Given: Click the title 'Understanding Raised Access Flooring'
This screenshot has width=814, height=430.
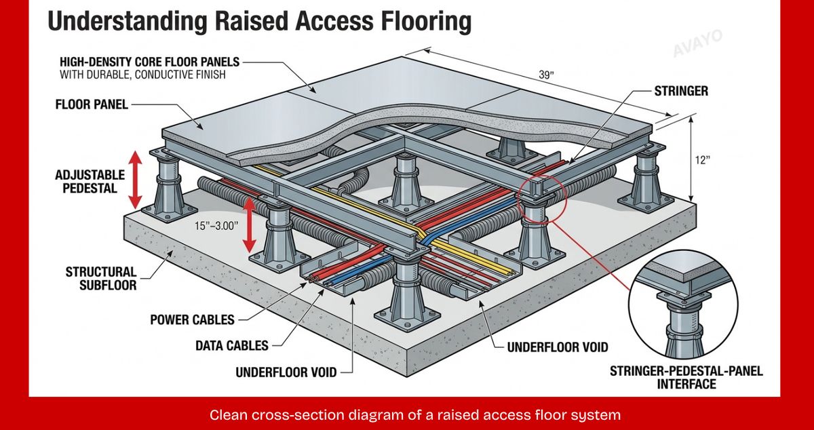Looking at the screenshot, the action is pos(259,22).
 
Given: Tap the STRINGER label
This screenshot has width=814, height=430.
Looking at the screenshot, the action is pos(681,91).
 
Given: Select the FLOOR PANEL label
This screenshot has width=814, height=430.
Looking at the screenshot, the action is pos(92,104).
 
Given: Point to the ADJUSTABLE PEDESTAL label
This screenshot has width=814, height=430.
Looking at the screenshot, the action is pos(90,182).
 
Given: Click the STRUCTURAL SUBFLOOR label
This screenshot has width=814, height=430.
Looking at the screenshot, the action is pos(101,279).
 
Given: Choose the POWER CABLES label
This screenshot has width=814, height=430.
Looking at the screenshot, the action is pos(192,320).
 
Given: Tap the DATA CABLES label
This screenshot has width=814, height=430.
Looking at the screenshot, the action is pos(232,346).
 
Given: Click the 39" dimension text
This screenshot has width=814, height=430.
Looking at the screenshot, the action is pos(546,75).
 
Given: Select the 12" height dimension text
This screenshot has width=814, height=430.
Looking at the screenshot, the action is pos(703,160).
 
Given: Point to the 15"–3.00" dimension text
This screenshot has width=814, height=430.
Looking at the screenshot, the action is pos(216,226).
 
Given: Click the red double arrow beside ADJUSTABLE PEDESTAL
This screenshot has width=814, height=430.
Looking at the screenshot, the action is pos(135,180).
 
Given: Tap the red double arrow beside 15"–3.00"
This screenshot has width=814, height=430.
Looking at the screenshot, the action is pos(250,225).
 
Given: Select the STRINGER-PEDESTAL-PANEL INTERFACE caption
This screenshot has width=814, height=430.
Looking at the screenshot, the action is pos(686,378).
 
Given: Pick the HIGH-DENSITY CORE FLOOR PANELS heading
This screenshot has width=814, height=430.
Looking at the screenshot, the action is pos(150,62).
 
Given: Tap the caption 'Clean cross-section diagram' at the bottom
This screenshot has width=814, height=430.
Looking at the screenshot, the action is pos(415,415).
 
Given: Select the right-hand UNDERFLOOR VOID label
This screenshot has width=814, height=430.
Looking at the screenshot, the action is pos(558,347).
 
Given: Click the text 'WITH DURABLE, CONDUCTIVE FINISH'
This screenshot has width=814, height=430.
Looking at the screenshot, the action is pos(143,75).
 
